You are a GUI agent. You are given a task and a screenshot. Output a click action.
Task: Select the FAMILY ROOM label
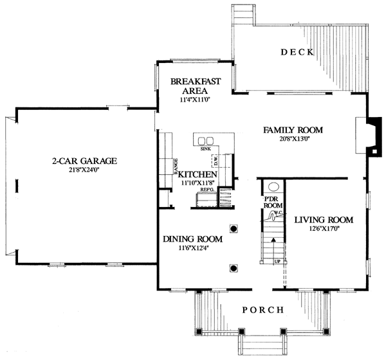tap(293, 130)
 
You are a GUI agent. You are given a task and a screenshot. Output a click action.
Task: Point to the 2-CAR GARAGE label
tap(85, 161)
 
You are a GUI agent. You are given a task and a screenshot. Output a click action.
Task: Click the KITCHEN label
tap(197, 174)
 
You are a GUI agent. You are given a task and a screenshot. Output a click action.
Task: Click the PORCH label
tap(262, 310)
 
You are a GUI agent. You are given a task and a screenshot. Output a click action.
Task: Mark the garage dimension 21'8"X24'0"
tap(85, 170)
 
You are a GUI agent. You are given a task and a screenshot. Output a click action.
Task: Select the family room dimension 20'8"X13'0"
tap(293, 139)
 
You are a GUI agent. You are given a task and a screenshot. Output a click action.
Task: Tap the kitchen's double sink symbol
tap(206, 141)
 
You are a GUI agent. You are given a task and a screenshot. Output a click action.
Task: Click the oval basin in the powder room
tap(273, 188)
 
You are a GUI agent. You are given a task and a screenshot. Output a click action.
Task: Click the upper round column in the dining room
tap(234, 228)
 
